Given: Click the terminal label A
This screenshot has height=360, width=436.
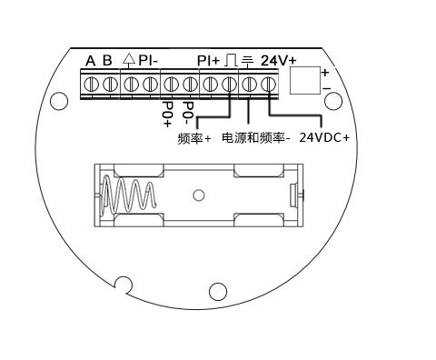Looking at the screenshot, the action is (90, 61).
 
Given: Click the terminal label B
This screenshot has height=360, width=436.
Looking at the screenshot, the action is (107, 60).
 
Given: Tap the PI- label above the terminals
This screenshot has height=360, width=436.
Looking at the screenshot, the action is (148, 60).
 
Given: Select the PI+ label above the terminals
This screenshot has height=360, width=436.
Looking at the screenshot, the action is (208, 61).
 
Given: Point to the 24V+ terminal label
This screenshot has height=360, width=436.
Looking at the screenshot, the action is (279, 61).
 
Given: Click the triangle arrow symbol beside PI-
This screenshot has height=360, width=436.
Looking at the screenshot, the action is (129, 60).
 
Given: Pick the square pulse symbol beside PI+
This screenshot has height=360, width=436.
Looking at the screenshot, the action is (231, 60).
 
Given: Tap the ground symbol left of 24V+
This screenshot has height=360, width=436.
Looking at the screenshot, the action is (247, 61).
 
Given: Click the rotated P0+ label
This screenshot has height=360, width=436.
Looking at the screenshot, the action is (167, 114).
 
